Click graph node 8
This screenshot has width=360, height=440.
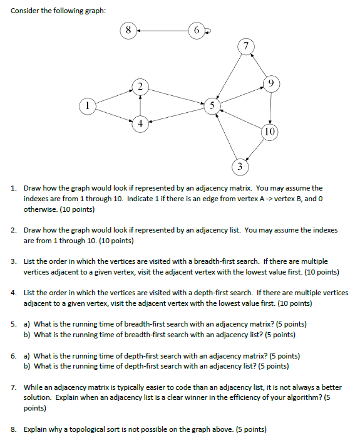click(128, 30)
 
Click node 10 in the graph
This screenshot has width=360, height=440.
click(269, 132)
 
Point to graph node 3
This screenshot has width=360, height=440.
click(239, 167)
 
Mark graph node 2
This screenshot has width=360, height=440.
click(141, 86)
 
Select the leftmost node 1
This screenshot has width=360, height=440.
click(88, 105)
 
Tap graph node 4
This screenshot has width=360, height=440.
click(140, 123)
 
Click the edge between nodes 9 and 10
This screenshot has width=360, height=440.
click(270, 107)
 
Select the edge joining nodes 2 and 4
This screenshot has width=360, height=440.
click(140, 105)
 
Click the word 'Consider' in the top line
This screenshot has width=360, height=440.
click(26, 11)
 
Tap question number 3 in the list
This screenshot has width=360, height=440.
click(13, 261)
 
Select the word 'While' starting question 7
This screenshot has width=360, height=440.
click(34, 388)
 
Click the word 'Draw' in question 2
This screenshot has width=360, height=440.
click(32, 230)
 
